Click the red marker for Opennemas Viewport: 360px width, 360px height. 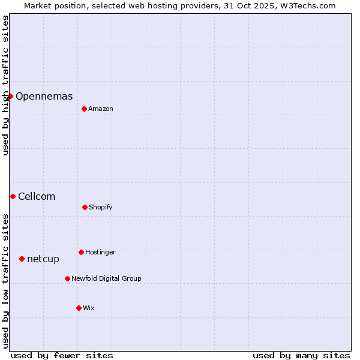[x=10, y=96]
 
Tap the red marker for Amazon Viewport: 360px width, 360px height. [x=84, y=109]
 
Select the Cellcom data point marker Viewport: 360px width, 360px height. [x=13, y=196]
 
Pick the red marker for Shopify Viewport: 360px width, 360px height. [x=85, y=207]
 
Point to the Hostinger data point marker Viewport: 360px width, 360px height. [x=81, y=252]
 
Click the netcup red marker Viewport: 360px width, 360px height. [x=22, y=259]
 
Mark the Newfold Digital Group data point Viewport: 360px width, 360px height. [x=67, y=278]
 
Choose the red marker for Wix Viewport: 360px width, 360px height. [x=79, y=308]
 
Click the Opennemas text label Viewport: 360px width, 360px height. [x=44, y=96]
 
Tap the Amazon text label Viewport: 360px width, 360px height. [x=101, y=109]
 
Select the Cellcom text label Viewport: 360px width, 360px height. [x=37, y=196]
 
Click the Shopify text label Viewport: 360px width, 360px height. [x=101, y=207]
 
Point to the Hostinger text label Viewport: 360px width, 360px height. [x=100, y=252]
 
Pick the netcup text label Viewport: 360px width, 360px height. [x=43, y=259]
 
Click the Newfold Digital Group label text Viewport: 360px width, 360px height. [x=106, y=278]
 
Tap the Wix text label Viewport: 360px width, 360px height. [x=89, y=308]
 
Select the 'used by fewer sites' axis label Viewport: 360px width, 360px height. [x=62, y=355]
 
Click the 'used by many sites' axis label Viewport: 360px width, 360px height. [x=301, y=355]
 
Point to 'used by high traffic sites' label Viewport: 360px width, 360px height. [x=5, y=85]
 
